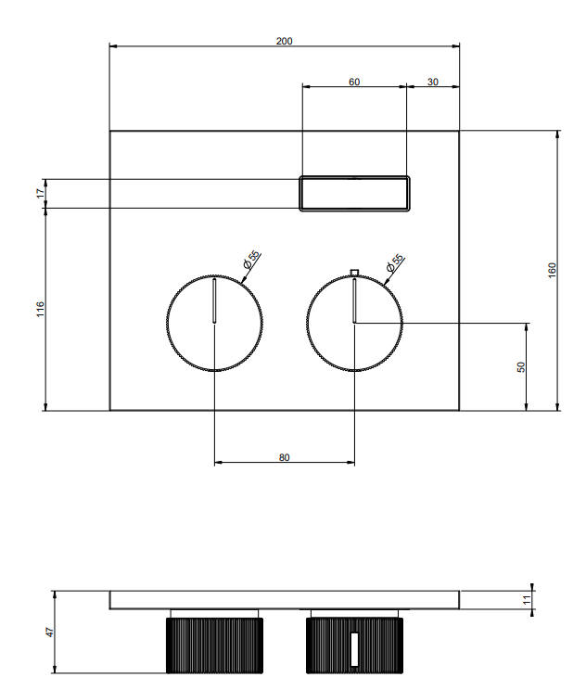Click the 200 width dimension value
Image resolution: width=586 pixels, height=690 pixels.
285,41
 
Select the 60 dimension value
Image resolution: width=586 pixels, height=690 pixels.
354,82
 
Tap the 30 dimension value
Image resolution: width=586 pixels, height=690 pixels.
433,82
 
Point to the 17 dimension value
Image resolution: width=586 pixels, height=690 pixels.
41,193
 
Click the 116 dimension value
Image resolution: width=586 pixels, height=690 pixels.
41,310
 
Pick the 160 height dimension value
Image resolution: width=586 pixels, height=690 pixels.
552,270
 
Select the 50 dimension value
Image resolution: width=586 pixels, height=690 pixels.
521,367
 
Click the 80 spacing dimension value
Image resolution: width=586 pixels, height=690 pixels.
285,457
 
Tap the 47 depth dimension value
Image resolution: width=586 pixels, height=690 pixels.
50,632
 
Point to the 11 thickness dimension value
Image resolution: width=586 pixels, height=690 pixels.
528,600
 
